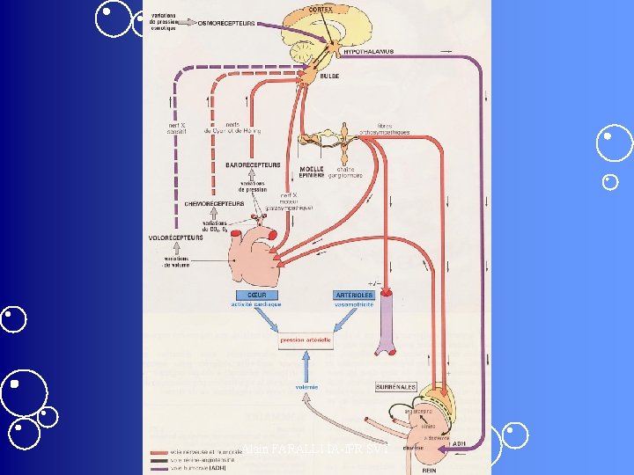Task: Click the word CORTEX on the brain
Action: (321, 9)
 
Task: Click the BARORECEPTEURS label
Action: (253, 164)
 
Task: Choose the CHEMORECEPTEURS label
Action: (214, 203)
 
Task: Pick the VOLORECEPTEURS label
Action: (171, 237)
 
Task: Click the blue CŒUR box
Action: (256, 298)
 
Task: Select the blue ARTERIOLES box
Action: (353, 298)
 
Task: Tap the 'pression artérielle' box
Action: (306, 340)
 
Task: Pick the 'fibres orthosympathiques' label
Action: (390, 129)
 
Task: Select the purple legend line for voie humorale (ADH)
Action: (159, 466)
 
